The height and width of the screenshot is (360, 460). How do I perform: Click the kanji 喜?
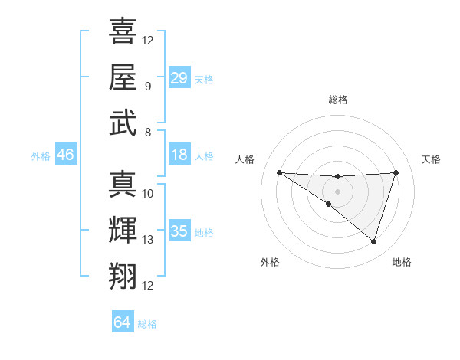pyautogui.click(x=123, y=32)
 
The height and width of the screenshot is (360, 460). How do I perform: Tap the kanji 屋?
pyautogui.click(x=123, y=77)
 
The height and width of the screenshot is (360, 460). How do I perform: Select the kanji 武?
pyautogui.click(x=123, y=123)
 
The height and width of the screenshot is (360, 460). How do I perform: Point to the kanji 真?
pyautogui.click(x=123, y=184)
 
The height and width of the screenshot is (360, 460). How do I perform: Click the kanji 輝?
pyautogui.click(x=123, y=231)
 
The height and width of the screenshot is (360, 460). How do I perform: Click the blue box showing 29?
pyautogui.click(x=179, y=78)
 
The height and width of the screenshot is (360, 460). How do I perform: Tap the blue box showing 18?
pyautogui.click(x=179, y=155)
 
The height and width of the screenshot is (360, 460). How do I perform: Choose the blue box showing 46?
pyautogui.click(x=65, y=155)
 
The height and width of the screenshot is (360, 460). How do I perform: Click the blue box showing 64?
pyautogui.click(x=123, y=322)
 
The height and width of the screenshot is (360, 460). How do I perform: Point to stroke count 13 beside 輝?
pyautogui.click(x=149, y=240)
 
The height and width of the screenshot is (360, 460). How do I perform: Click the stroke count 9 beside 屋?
pyautogui.click(x=147, y=86)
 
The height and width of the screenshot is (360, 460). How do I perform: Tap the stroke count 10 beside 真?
pyautogui.click(x=149, y=193)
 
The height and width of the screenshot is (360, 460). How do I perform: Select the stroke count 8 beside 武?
pyautogui.click(x=147, y=132)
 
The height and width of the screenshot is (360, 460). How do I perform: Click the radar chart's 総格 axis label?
pyautogui.click(x=338, y=100)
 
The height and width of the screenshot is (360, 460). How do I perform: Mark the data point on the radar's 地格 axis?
pyautogui.click(x=373, y=242)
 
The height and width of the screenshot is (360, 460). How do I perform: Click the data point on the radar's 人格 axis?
pyautogui.click(x=279, y=172)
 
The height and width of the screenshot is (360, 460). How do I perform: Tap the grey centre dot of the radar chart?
pyautogui.click(x=337, y=191)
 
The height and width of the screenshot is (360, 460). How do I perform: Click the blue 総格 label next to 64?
pyautogui.click(x=147, y=324)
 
